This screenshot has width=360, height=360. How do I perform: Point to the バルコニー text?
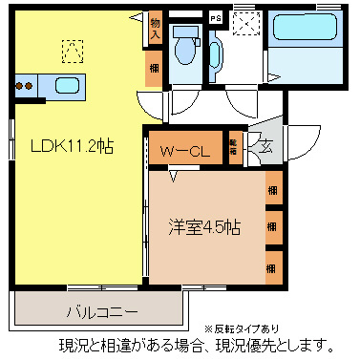coord(102,312)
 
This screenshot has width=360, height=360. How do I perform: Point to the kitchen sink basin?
coord(67,86)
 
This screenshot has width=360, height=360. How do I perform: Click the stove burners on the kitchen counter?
coord(24,86)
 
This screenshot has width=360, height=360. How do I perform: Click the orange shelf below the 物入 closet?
coord(154,69)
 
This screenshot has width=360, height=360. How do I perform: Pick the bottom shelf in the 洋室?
coord(274,263)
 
